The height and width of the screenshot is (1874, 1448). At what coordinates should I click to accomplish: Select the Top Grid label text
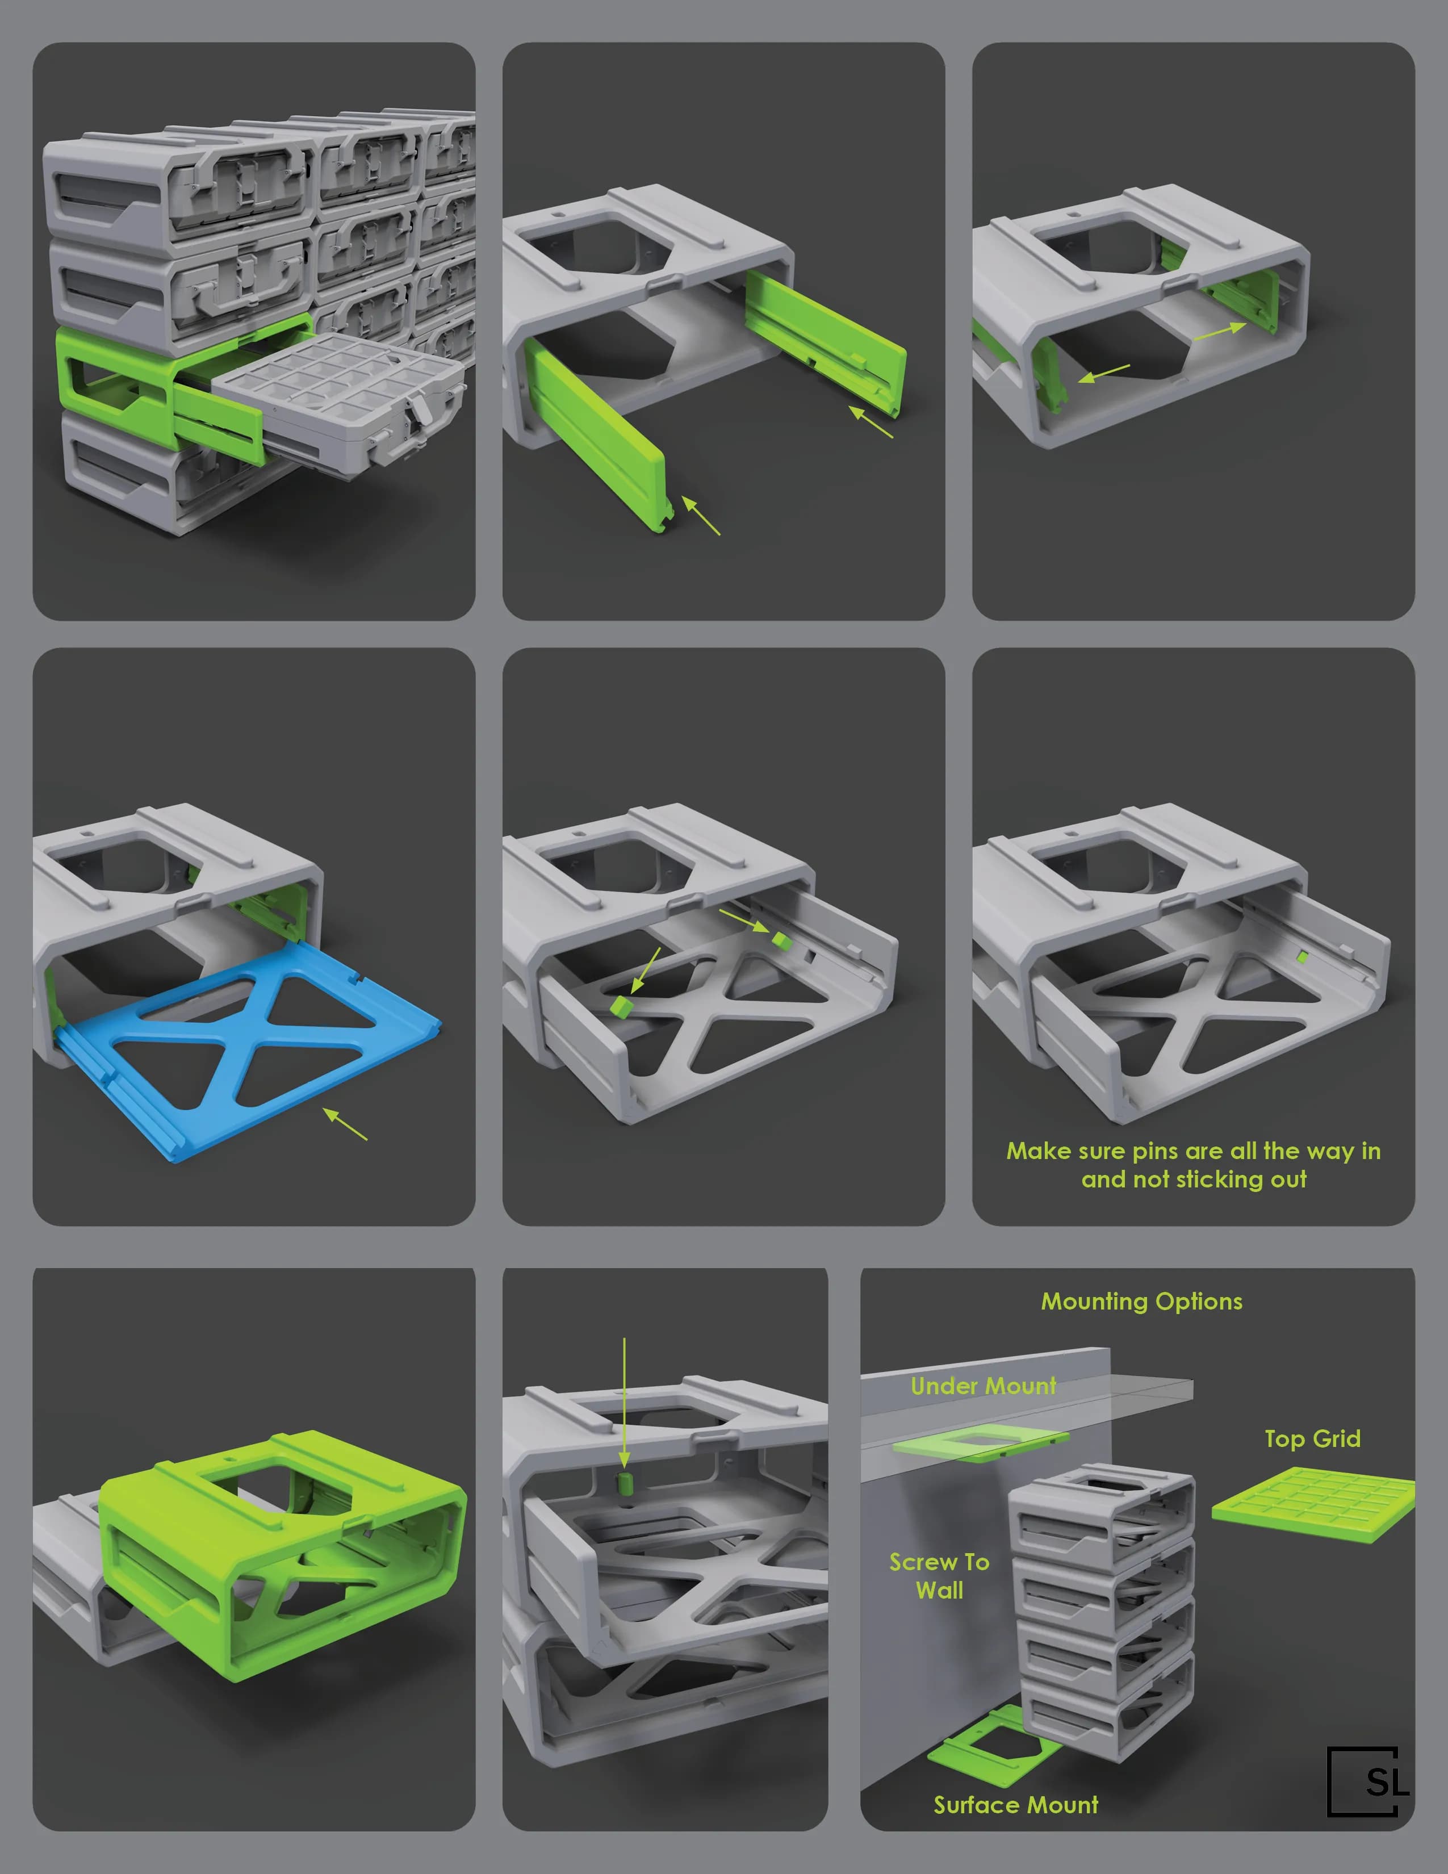1312,1439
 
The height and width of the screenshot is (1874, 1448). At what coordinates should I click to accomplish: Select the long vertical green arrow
625,1399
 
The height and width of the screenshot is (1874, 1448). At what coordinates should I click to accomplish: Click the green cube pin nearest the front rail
621,1006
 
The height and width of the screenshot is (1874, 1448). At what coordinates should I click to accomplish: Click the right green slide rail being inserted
823,339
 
